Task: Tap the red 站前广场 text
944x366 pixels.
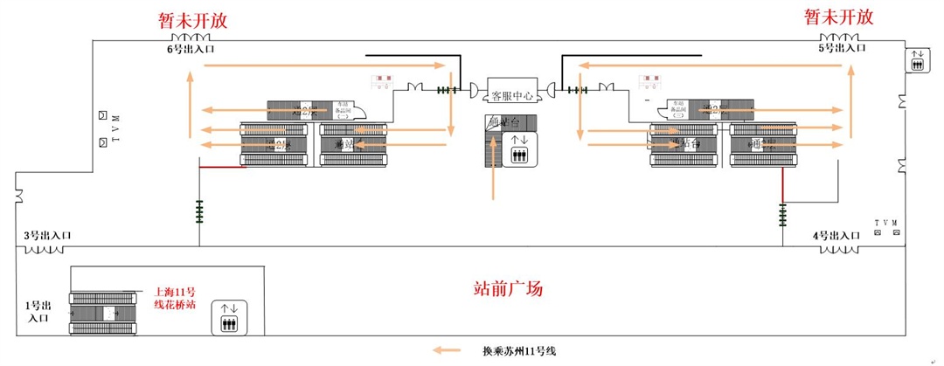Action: coord(508,288)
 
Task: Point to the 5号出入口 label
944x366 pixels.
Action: coord(843,49)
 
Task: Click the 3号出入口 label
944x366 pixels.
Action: coord(46,236)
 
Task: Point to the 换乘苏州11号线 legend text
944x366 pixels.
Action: coord(519,351)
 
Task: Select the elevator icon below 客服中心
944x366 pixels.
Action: coord(519,148)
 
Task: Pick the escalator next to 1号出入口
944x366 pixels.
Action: coord(106,311)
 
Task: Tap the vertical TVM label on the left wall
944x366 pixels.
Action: coord(115,130)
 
